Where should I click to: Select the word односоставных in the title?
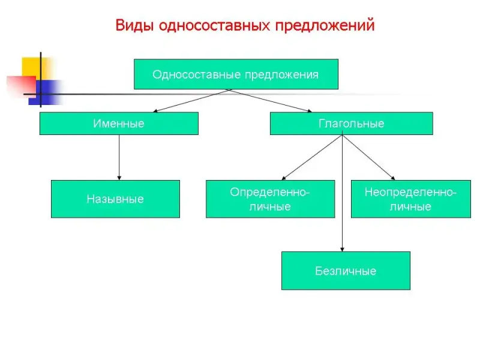[214, 25]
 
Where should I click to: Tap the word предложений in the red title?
[325, 26]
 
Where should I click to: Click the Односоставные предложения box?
[236, 74]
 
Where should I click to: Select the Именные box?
[119, 124]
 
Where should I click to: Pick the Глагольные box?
[352, 124]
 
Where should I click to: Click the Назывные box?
[115, 199]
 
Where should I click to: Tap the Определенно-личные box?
[271, 199]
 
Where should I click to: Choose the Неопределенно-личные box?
[411, 199]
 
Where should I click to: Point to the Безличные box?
[346, 271]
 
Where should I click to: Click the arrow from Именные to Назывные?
[119, 157]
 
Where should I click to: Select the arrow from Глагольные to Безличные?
[342, 193]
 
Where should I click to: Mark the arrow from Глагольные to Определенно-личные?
[312, 157]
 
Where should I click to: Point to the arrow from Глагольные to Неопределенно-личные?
[368, 157]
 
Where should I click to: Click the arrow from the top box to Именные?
[191, 101]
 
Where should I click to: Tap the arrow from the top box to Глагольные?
[271, 101]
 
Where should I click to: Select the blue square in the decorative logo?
[46, 92]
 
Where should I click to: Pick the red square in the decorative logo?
[22, 86]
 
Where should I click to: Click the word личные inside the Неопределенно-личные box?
[410, 206]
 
